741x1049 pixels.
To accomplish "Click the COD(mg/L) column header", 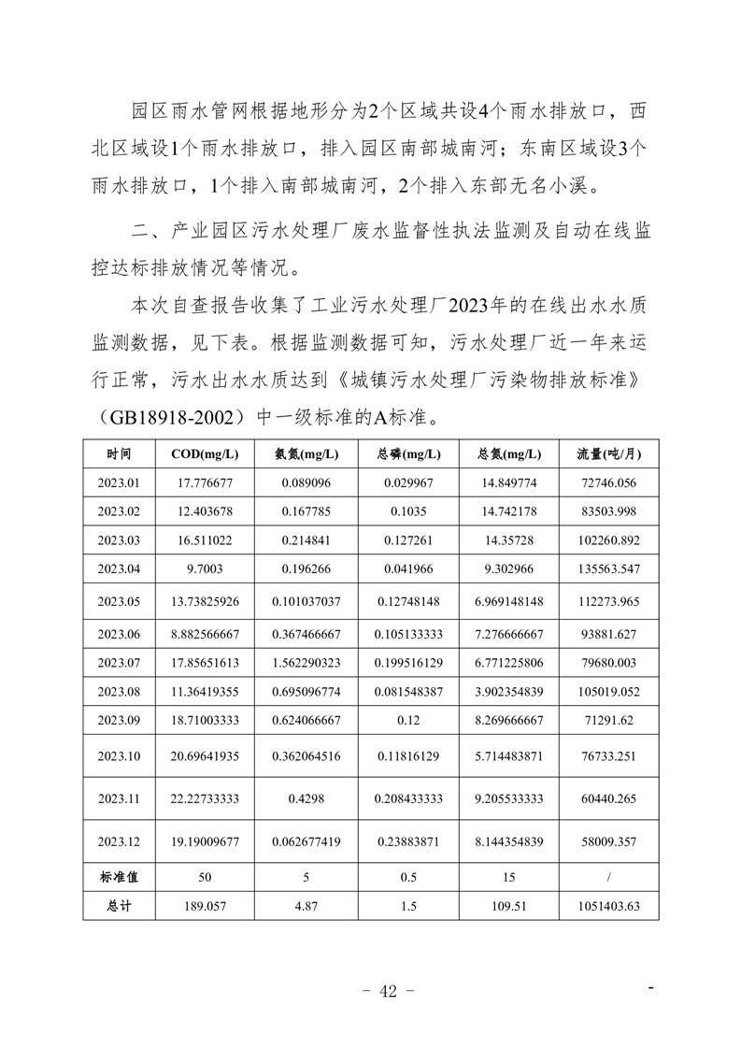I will tap(205, 454).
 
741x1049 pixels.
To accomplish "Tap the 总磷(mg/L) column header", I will tap(408, 454).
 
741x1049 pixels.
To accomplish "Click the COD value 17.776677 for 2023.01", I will tap(205, 482).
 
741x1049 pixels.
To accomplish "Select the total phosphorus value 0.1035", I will tap(408, 510).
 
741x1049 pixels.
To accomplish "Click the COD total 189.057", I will tap(205, 906).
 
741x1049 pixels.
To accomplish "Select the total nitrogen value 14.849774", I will tap(509, 482).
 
